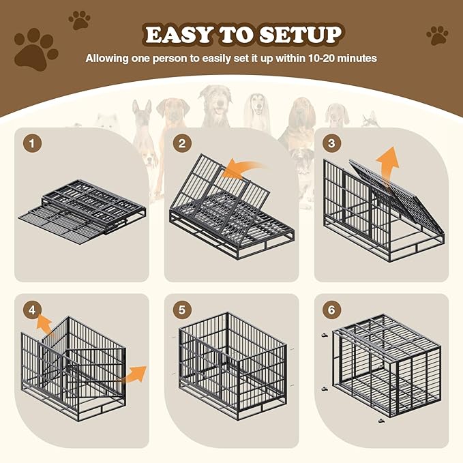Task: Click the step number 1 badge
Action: pyautogui.click(x=31, y=144)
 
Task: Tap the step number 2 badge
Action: pyautogui.click(x=181, y=144)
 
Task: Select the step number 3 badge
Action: pyautogui.click(x=331, y=144)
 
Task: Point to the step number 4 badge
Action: pyautogui.click(x=31, y=310)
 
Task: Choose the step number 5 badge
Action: pyautogui.click(x=181, y=310)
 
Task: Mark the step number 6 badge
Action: pyautogui.click(x=331, y=310)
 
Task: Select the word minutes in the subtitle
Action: pyautogui.click(x=359, y=59)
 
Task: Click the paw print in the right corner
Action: pyautogui.click(x=437, y=35)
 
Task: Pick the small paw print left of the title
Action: pyautogui.click(x=79, y=20)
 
